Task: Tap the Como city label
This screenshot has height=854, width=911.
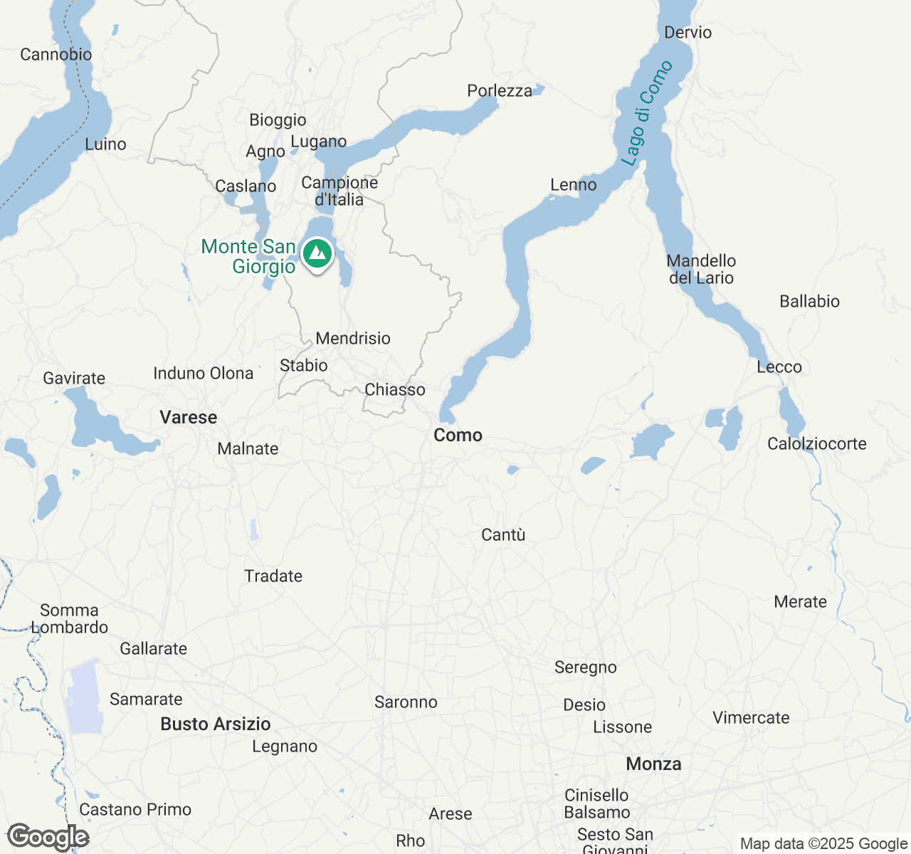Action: point(458,435)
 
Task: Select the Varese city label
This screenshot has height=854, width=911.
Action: point(188,417)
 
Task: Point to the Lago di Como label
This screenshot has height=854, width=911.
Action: point(646,114)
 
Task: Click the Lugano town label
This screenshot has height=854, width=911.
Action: point(318,142)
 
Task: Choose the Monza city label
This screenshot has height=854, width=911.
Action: point(653,764)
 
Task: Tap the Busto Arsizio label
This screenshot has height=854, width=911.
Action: point(216,724)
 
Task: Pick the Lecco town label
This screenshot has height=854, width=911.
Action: point(779,367)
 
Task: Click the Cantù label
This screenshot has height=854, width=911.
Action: point(503,534)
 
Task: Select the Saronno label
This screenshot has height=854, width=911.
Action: point(406,702)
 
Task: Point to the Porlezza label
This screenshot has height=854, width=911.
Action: point(500,90)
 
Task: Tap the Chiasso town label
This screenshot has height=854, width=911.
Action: point(395,389)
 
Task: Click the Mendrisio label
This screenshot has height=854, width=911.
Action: point(353,338)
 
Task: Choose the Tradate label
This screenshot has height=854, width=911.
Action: point(273,576)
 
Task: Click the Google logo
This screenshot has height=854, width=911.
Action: point(48,837)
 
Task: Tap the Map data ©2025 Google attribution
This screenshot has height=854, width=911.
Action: point(823,843)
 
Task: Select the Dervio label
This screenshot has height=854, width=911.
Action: point(688,32)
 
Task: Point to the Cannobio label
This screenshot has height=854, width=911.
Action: point(56,54)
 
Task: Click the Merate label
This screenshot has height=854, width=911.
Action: point(800,601)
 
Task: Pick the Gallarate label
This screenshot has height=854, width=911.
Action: point(153,648)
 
